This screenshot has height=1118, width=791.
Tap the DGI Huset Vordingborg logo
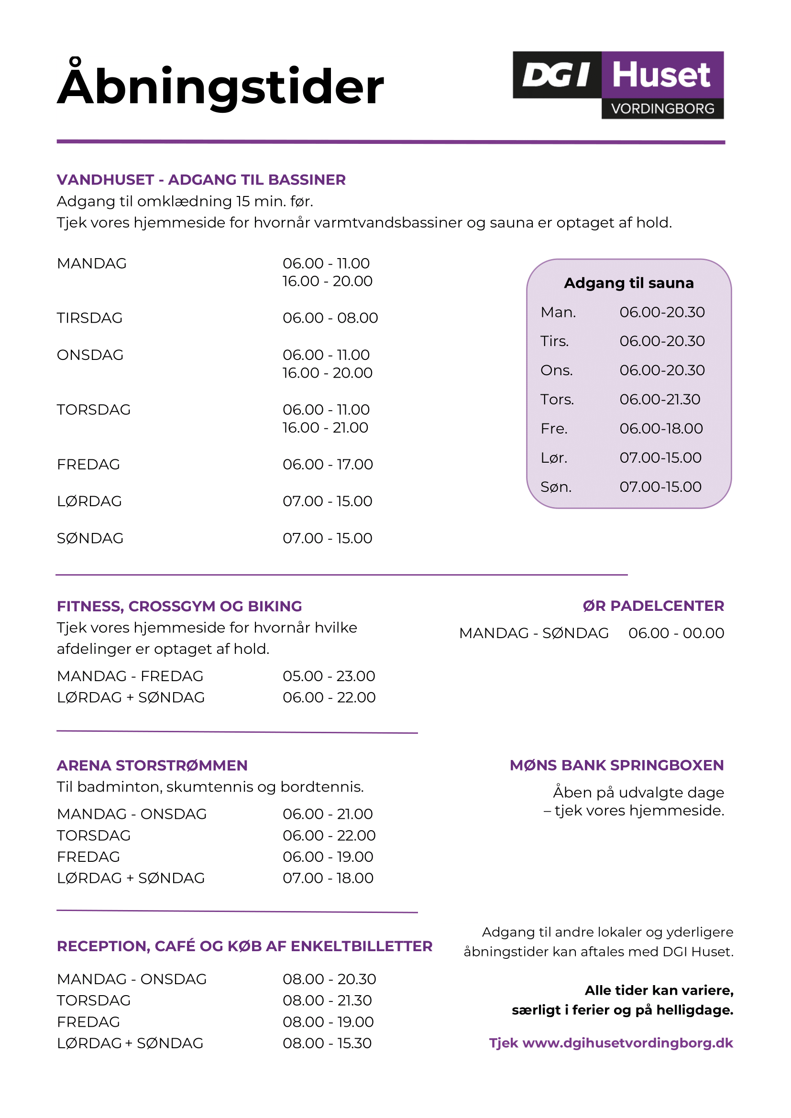pos(617,85)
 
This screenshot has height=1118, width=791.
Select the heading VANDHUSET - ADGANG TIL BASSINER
pos(201,180)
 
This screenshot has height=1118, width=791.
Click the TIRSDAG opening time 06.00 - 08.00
pos(330,318)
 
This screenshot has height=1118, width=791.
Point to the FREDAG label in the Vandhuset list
pos(88,465)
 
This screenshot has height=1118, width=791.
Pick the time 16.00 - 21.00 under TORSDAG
pos(325,427)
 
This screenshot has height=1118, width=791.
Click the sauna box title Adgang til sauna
pos(628,283)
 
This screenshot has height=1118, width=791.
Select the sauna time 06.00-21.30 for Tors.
pos(659,399)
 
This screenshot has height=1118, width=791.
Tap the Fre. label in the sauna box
pos(554,428)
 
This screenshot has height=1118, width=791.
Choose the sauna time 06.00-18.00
pos(661,428)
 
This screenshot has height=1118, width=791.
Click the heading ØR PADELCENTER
pos(653,606)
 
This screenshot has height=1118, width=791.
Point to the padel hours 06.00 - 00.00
pos(676,633)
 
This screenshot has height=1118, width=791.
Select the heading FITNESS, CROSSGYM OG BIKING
pos(179,606)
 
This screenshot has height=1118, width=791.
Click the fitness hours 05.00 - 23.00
pos(329,676)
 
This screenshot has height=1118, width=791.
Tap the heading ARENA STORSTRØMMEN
pos(152,765)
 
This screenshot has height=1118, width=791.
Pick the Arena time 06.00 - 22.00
pos(329,836)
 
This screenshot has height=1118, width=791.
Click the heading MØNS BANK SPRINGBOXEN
pos(616,765)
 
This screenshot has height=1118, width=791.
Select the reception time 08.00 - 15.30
pos(327,1043)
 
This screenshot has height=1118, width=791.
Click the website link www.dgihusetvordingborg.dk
pos(627,1042)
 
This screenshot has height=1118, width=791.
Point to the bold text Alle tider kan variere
pos(659,990)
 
